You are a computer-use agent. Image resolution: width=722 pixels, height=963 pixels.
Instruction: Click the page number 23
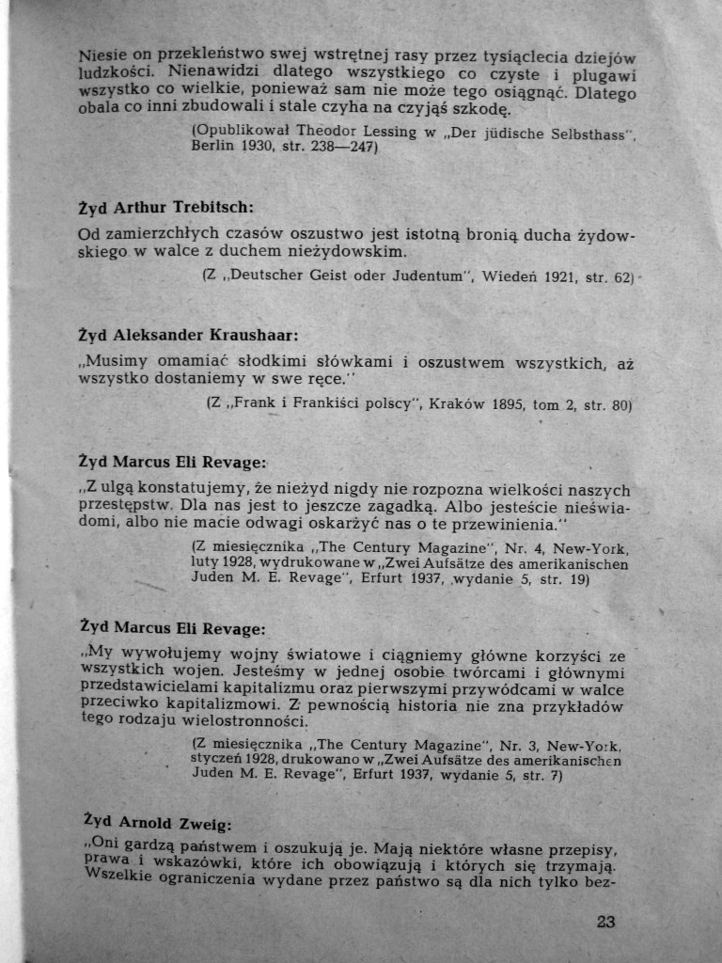(x=605, y=922)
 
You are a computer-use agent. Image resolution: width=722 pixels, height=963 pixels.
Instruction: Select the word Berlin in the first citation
(x=212, y=147)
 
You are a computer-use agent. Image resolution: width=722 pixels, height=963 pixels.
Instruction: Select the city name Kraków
(x=456, y=404)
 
